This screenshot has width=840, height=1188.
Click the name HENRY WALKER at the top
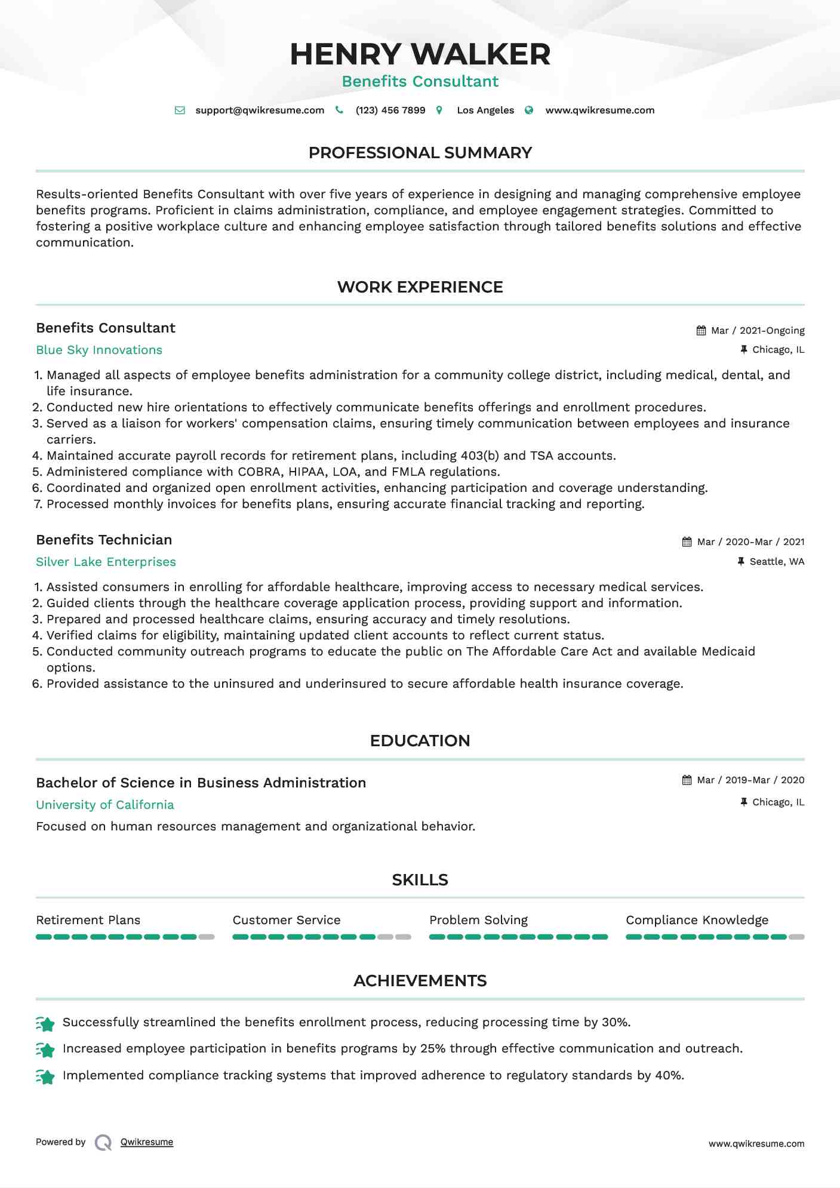pyautogui.click(x=420, y=54)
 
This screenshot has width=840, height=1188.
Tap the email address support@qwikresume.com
pyautogui.click(x=260, y=110)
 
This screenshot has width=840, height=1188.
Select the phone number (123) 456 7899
pyautogui.click(x=390, y=110)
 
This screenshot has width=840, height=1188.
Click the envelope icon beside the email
pyautogui.click(x=180, y=110)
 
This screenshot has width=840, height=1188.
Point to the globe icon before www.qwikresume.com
pyautogui.click(x=529, y=110)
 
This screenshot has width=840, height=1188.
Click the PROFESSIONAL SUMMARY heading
pyautogui.click(x=420, y=153)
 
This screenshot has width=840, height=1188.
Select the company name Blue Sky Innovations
pyautogui.click(x=99, y=350)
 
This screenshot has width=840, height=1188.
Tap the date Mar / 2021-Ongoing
pyautogui.click(x=758, y=331)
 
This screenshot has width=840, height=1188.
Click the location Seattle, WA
pyautogui.click(x=777, y=562)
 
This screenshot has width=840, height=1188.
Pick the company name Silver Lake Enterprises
pyautogui.click(x=106, y=562)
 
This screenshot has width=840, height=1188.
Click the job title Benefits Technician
pyautogui.click(x=104, y=540)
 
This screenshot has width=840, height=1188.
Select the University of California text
pyautogui.click(x=105, y=805)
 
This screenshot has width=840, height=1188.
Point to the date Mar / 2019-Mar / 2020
pyautogui.click(x=750, y=780)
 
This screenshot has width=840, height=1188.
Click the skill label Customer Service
pyautogui.click(x=287, y=921)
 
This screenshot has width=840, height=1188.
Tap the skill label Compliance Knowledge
pyautogui.click(x=697, y=921)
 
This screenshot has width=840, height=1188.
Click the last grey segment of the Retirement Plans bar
pyautogui.click(x=207, y=937)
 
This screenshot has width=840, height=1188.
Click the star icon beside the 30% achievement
pyautogui.click(x=45, y=1023)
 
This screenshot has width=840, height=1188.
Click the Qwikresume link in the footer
pyautogui.click(x=147, y=1142)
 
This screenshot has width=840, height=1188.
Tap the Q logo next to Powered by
pyautogui.click(x=103, y=1143)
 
